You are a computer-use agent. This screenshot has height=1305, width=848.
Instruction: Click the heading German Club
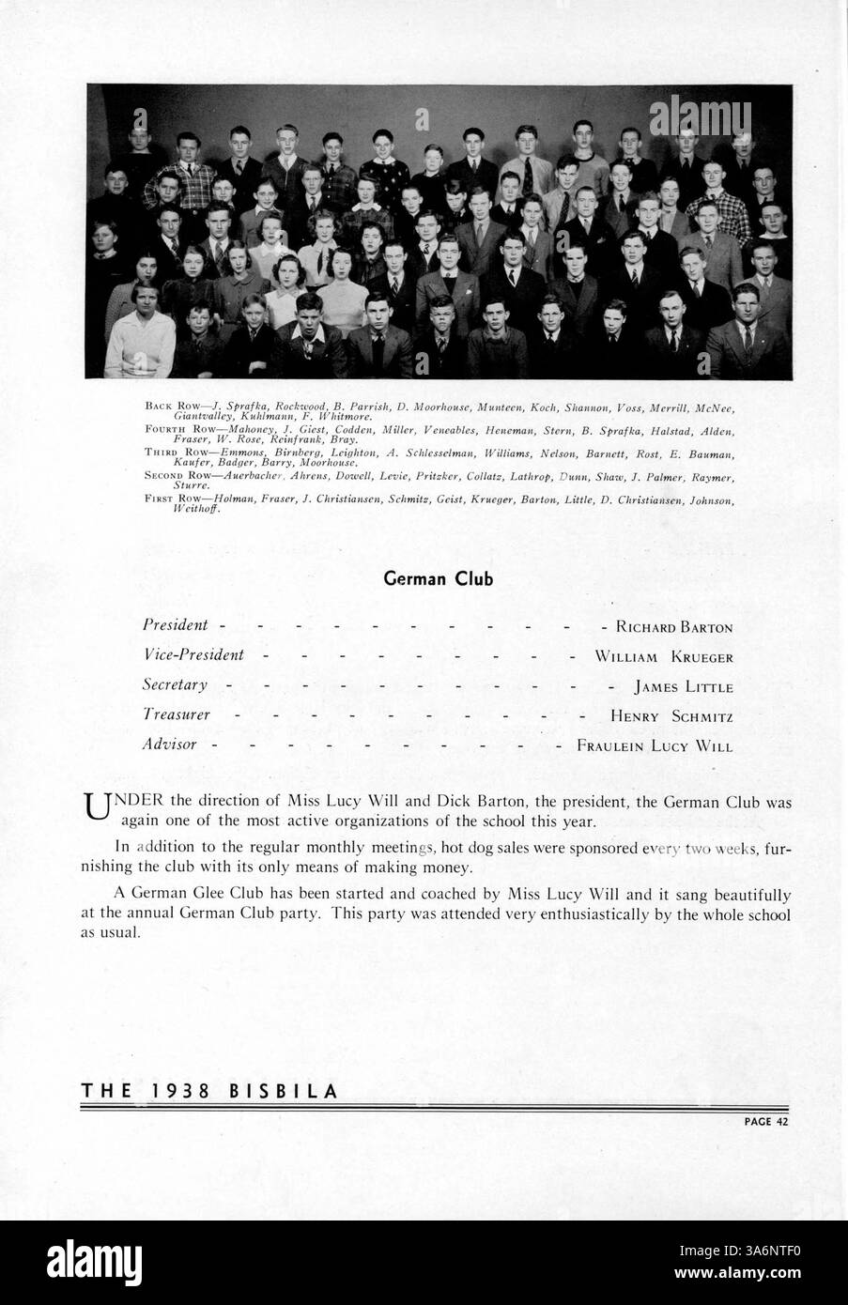pos(439,579)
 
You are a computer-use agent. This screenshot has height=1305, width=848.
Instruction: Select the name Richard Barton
pos(673,626)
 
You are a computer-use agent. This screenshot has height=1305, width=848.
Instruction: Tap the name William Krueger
pos(663,656)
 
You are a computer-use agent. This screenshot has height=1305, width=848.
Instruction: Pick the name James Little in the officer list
pos(683,686)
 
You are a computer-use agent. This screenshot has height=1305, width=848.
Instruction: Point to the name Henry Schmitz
pos(671,716)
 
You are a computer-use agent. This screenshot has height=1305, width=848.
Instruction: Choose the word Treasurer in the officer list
pos(176,715)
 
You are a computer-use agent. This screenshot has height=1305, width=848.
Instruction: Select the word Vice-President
pos(193,655)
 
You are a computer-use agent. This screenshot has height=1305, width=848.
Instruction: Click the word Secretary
pos(175,685)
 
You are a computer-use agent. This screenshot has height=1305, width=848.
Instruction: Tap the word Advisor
pos(169,745)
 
